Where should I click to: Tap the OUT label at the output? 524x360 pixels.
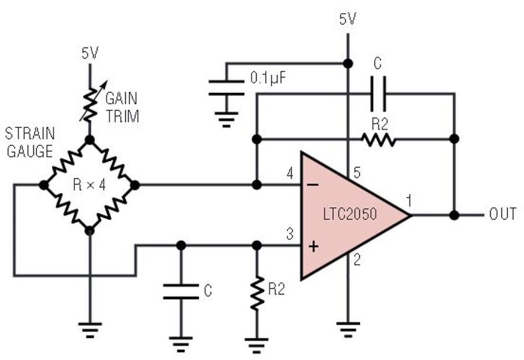coord(502,214)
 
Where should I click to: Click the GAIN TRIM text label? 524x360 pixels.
coord(122,108)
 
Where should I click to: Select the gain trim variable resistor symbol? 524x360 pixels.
coord(89,103)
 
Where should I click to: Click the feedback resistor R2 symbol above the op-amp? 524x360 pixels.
coord(378,139)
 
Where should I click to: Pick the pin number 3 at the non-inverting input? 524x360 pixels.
coord(289,234)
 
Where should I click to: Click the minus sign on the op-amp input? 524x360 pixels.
coord(314,185)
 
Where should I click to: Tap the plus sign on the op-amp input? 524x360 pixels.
coord(314,246)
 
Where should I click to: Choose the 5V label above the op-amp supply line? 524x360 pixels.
coord(348,19)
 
